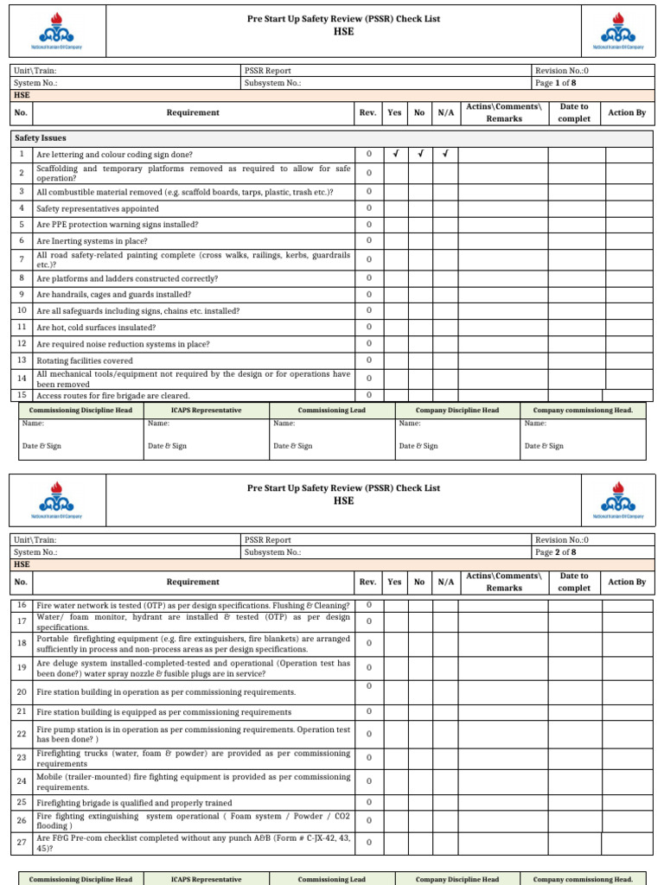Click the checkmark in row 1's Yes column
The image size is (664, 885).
(394, 155)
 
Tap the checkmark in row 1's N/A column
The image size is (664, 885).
(445, 155)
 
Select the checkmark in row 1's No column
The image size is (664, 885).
(419, 155)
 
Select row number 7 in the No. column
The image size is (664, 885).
(21, 259)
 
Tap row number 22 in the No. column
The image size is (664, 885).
(21, 734)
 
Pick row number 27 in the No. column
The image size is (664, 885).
(21, 842)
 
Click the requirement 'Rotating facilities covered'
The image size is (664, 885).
(85, 360)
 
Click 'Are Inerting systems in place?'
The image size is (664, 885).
(92, 241)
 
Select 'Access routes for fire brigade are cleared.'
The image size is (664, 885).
(114, 395)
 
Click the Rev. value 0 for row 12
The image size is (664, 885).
(368, 343)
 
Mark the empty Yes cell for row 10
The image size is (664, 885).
(394, 310)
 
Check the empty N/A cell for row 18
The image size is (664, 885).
(445, 643)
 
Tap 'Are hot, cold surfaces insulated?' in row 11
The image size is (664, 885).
(96, 328)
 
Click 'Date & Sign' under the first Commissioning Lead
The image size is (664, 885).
(293, 446)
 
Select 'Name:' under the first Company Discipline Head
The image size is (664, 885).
(410, 423)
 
